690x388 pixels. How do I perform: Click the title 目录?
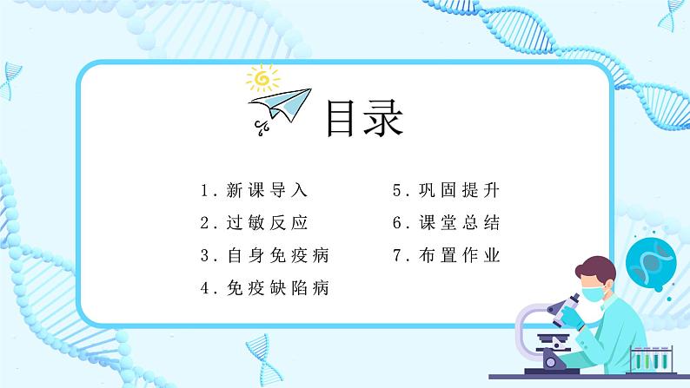pyautogui.click(x=363, y=119)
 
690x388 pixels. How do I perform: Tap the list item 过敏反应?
pyautogui.click(x=266, y=223)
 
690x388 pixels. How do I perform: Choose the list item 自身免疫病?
pyautogui.click(x=276, y=256)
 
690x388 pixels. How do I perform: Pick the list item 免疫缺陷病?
pyautogui.click(x=276, y=288)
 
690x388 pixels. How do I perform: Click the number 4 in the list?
pyautogui.click(x=204, y=288)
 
